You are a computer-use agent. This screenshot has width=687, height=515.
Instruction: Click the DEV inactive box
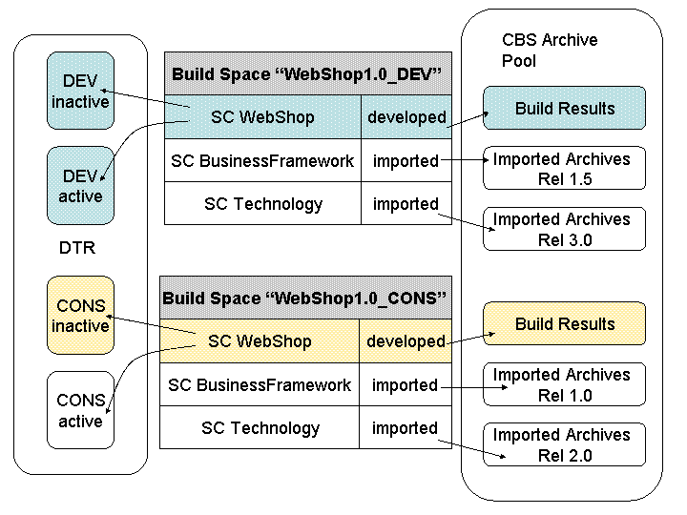pyautogui.click(x=80, y=91)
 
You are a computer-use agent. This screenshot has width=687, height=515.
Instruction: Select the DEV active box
pyautogui.click(x=80, y=186)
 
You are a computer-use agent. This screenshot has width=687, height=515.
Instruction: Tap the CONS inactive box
pyautogui.click(x=80, y=316)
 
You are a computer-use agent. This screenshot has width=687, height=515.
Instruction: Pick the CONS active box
pyautogui.click(x=80, y=410)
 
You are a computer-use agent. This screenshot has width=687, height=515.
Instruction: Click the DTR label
pyautogui.click(x=77, y=248)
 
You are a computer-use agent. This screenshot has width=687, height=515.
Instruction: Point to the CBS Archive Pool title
pyautogui.click(x=550, y=50)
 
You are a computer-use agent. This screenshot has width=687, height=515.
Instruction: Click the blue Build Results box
pyautogui.click(x=564, y=108)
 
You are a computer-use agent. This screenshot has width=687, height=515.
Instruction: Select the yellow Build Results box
pyautogui.click(x=564, y=323)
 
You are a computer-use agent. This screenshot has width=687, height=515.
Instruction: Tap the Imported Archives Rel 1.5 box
pyautogui.click(x=564, y=168)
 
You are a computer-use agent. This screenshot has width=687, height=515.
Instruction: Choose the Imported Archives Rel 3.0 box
pyautogui.click(x=564, y=229)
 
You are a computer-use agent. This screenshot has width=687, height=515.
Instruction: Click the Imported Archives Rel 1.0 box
pyautogui.click(x=564, y=384)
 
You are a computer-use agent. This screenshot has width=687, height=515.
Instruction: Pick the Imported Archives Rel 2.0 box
pyautogui.click(x=564, y=444)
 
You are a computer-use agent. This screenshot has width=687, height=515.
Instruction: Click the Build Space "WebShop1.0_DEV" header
pyautogui.click(x=308, y=73)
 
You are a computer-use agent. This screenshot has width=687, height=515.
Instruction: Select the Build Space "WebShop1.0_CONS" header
pyautogui.click(x=306, y=298)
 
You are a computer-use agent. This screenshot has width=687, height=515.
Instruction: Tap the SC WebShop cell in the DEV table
pyautogui.click(x=263, y=117)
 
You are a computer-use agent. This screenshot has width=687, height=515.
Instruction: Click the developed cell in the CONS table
pyautogui.click(x=406, y=340)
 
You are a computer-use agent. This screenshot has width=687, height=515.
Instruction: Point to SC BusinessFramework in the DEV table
pyautogui.click(x=263, y=160)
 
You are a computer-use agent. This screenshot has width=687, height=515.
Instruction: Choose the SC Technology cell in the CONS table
pyautogui.click(x=260, y=427)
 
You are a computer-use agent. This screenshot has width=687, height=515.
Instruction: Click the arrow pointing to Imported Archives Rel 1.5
pyautogui.click(x=465, y=160)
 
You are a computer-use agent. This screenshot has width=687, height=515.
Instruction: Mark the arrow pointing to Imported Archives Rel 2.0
pyautogui.click(x=472, y=449)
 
